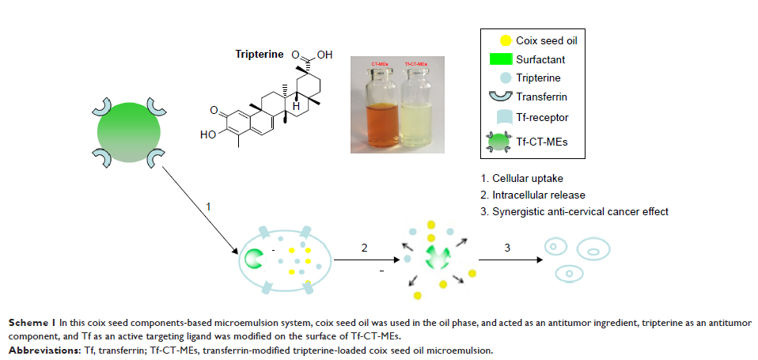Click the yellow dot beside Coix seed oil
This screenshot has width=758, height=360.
pyautogui.click(x=504, y=40)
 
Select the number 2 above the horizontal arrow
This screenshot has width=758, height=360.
pyautogui.click(x=364, y=248)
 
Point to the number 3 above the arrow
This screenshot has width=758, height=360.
pyautogui.click(x=506, y=248)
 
